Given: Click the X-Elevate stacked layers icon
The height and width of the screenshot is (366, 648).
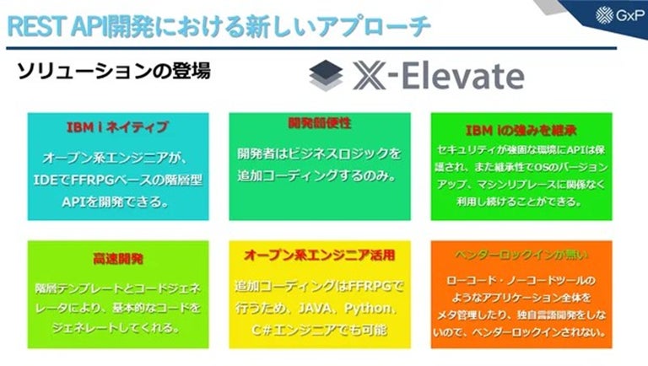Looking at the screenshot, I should coord(327,76).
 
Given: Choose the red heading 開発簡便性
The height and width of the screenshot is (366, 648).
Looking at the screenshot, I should coord(320,124).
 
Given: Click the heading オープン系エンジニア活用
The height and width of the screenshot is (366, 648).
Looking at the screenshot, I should coord(320,254).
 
